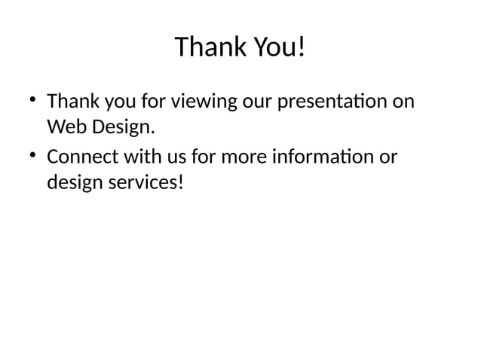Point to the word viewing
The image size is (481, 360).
coord(204,101)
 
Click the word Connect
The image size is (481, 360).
coord(80,158)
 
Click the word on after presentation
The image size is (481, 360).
coord(404,101)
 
